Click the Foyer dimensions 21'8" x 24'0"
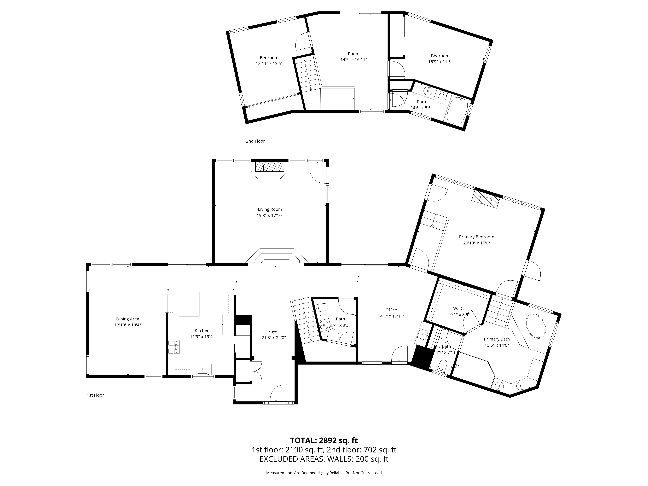pyautogui.click(x=274, y=337)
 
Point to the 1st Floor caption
pyautogui.click(x=95, y=395)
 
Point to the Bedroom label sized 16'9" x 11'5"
pyautogui.click(x=440, y=56)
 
